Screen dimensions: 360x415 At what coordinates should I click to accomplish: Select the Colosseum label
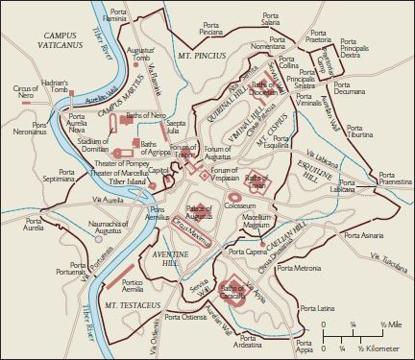(238, 205)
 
